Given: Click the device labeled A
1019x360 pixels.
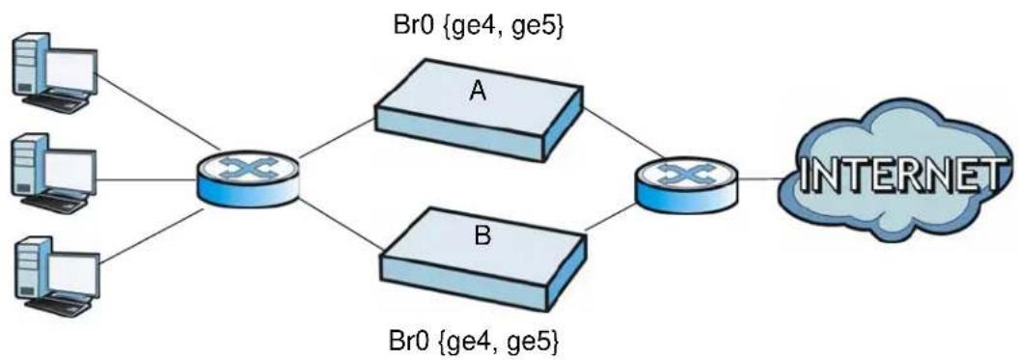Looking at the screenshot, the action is pyautogui.click(x=479, y=110).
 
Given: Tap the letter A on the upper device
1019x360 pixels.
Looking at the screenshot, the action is pyautogui.click(x=479, y=93).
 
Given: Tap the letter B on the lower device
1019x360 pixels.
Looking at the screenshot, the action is pyautogui.click(x=482, y=235).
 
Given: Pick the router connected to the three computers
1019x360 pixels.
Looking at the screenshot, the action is pyautogui.click(x=250, y=178).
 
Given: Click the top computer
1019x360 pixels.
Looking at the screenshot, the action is pyautogui.click(x=55, y=72).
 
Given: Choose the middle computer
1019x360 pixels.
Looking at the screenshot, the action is pyautogui.click(x=55, y=174).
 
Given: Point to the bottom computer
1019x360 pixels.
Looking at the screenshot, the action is pyautogui.click(x=56, y=277).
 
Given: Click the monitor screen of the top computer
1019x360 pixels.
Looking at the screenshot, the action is pyautogui.click(x=71, y=70).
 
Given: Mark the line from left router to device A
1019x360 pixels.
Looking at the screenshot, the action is pyautogui.click(x=337, y=139).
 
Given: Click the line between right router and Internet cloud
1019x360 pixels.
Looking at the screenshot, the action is pyautogui.click(x=759, y=180).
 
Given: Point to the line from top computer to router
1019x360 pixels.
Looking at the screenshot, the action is pyautogui.click(x=156, y=111).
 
